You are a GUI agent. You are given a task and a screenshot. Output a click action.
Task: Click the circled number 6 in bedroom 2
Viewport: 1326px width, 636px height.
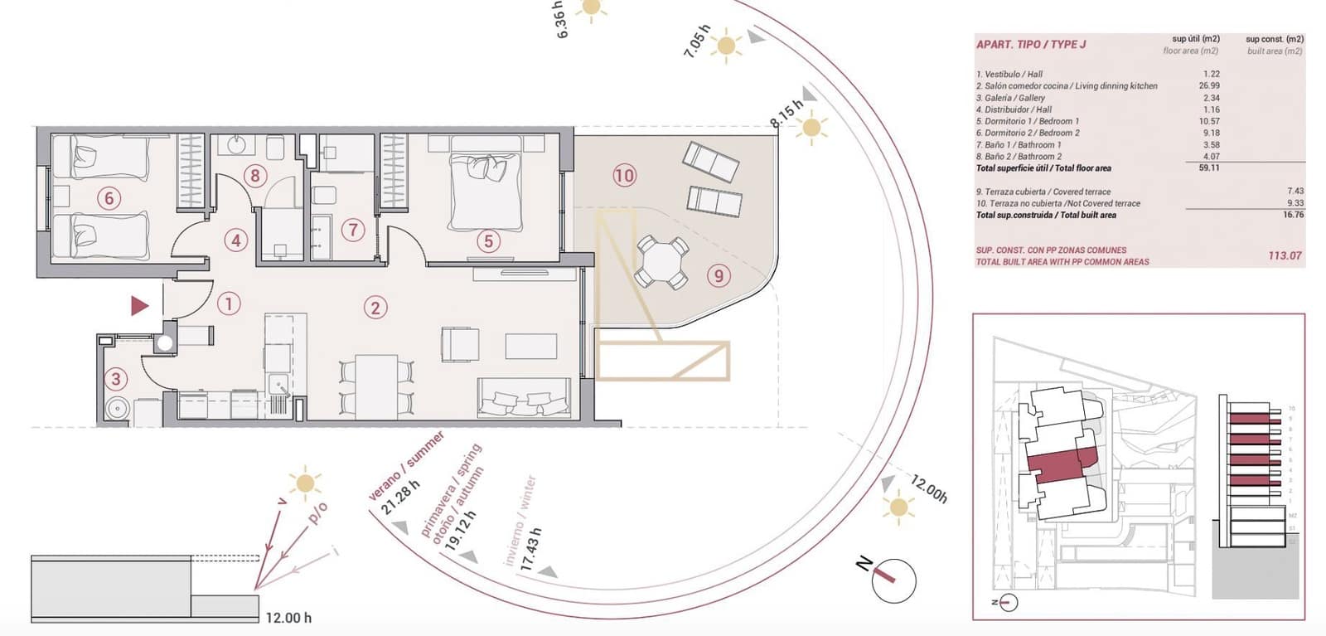point(109,197)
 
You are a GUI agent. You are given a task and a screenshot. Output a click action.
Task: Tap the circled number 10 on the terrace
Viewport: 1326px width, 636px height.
point(624,175)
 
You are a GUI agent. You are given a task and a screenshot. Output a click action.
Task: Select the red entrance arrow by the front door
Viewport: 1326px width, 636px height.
point(139,306)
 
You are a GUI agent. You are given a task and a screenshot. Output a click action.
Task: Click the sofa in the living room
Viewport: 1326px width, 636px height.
point(524,398)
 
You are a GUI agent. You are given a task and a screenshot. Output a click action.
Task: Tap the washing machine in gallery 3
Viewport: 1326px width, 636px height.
point(117,409)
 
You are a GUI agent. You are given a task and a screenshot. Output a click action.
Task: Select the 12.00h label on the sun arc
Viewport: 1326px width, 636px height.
point(929,488)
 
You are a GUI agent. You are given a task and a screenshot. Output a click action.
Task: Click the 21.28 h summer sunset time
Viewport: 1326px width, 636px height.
point(402,497)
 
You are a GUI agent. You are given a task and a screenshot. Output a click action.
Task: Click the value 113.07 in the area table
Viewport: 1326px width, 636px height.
point(1285,255)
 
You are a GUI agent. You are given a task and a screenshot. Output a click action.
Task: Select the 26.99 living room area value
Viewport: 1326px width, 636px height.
point(1209,85)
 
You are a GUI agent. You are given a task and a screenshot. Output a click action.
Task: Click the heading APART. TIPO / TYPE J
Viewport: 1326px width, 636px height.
point(1031,44)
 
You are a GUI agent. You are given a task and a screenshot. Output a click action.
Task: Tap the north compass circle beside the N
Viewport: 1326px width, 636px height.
point(893,580)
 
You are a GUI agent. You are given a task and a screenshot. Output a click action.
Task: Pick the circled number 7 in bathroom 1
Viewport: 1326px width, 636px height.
point(353,230)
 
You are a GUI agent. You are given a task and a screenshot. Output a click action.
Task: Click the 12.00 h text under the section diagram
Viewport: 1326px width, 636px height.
point(288,618)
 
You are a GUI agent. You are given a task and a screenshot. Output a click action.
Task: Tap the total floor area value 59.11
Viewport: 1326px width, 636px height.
point(1209,167)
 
